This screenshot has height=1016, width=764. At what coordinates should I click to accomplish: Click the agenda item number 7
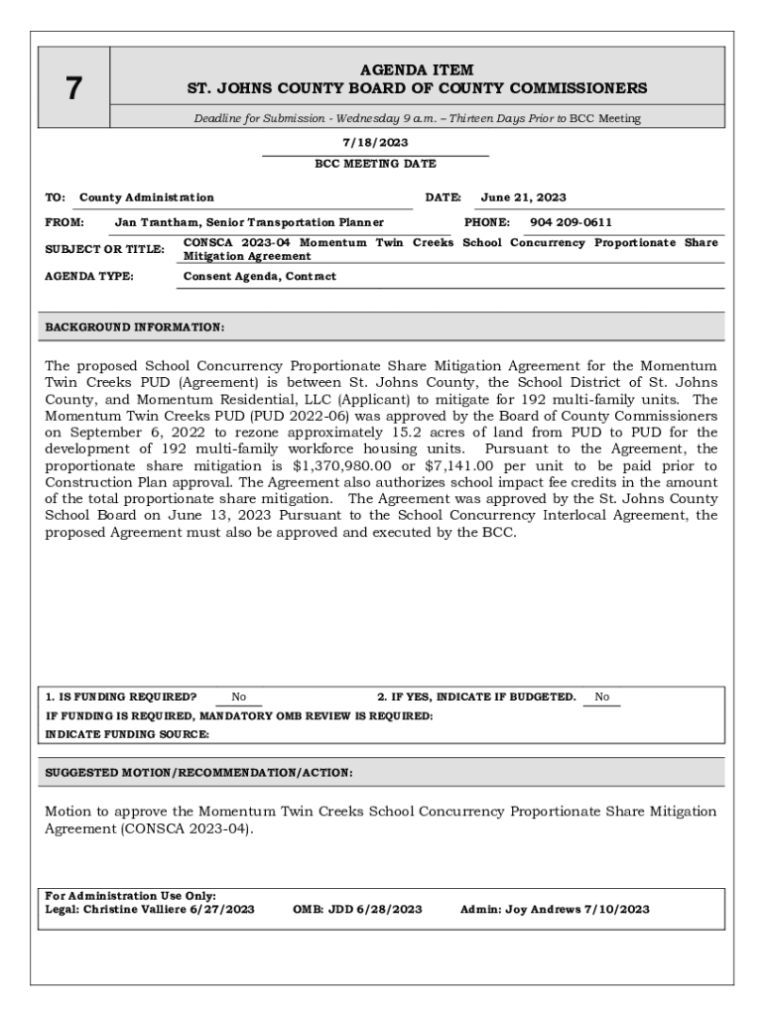coord(73,89)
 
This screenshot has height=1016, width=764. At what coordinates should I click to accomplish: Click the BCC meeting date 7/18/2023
coord(375,143)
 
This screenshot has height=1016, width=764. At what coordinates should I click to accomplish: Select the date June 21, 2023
coord(523,197)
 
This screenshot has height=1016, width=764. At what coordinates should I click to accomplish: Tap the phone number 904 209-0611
coord(571,222)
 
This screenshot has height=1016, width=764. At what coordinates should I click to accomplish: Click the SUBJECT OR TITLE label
coord(104,249)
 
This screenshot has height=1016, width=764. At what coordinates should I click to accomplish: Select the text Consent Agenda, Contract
coord(260,276)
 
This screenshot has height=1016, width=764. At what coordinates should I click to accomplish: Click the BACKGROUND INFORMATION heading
coord(135,326)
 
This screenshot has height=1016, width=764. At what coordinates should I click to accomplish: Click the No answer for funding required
coord(239,698)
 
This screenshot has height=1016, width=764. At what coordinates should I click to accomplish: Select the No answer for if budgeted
coord(601,698)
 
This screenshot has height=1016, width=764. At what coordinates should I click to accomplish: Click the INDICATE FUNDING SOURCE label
coord(127,734)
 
